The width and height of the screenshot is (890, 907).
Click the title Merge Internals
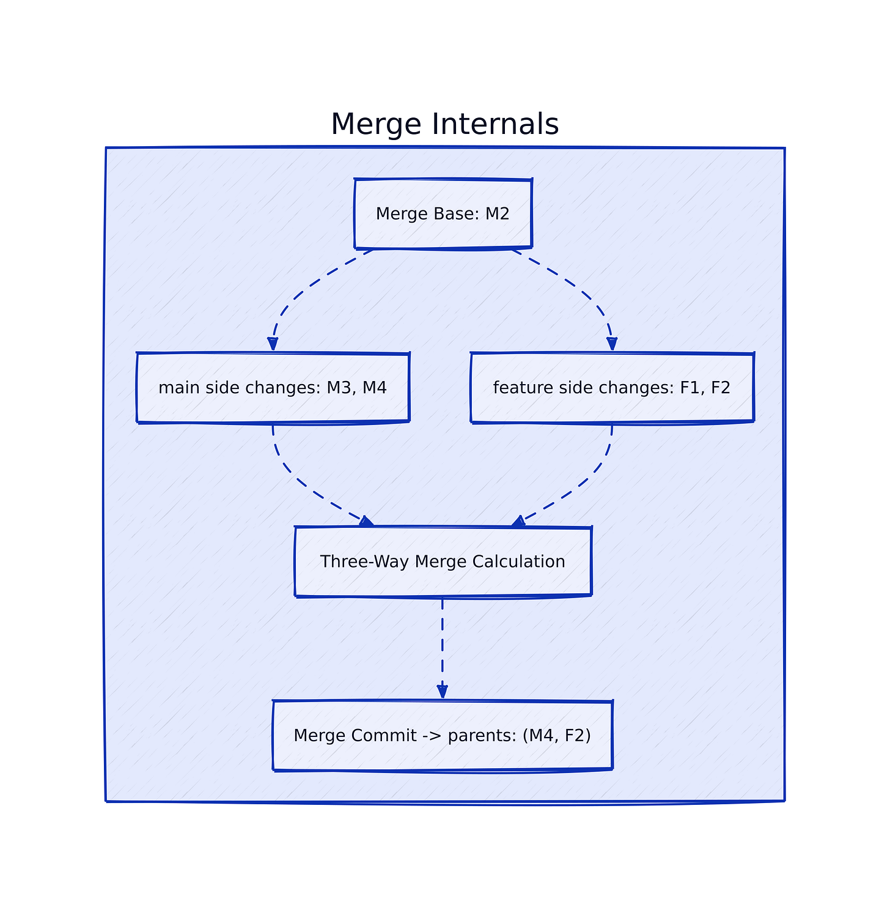(444, 124)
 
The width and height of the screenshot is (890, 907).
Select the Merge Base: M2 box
(443, 213)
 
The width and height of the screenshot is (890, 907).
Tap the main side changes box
(273, 387)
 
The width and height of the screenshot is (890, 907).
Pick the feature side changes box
(612, 387)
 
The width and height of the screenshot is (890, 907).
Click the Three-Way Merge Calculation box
(443, 561)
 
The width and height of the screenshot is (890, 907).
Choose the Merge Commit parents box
(443, 735)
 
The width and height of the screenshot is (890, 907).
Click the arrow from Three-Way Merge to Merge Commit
(442, 648)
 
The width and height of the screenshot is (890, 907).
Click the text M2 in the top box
(498, 214)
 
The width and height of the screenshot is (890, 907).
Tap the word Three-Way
(364, 561)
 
